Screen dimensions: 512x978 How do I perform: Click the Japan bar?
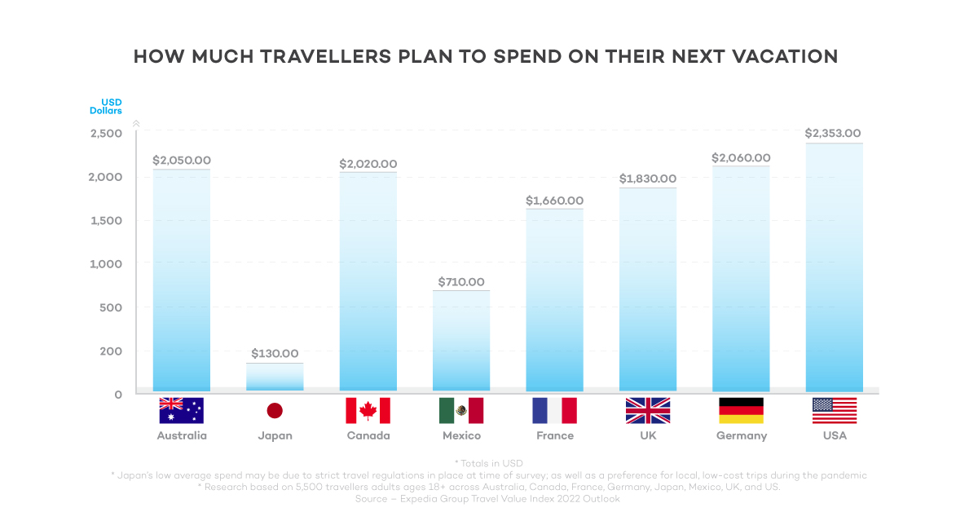(275, 377)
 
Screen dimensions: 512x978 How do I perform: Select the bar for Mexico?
(461, 341)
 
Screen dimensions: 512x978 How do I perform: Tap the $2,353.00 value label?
(833, 133)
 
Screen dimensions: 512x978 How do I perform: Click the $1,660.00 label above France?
(554, 201)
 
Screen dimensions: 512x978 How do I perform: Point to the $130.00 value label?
(275, 354)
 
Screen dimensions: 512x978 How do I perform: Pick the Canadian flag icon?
(368, 411)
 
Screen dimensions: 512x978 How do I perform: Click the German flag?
(741, 411)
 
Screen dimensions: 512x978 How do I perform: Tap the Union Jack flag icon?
(647, 411)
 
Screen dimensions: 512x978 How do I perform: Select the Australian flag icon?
(182, 411)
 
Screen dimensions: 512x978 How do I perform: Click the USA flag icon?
(834, 411)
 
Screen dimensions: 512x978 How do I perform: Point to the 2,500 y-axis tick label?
(106, 133)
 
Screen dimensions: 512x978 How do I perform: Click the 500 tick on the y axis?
(111, 307)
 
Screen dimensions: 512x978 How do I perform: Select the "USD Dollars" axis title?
(106, 106)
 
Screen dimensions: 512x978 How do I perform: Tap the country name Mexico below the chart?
(461, 435)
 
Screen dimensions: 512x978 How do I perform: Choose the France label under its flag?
(554, 435)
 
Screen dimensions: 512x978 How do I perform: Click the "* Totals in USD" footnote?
(489, 463)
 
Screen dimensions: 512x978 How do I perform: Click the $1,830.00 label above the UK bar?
(647, 179)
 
